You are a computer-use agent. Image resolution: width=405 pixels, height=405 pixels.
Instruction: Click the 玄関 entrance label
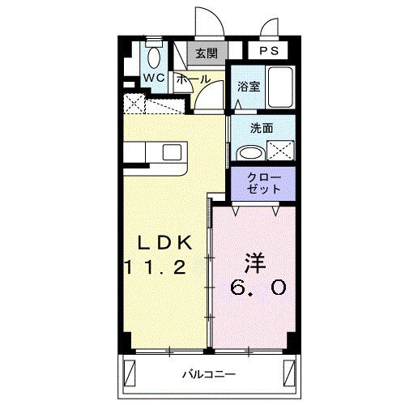tap(207, 54)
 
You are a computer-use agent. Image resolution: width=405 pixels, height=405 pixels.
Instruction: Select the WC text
tap(154, 78)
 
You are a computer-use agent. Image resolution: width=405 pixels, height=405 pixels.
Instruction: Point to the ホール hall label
tap(192, 79)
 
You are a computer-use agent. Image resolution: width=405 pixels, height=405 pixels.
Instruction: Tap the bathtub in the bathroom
tap(280, 89)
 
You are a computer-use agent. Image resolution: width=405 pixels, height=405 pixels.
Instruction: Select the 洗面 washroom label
tap(261, 127)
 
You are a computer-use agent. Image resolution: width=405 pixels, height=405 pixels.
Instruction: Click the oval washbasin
tap(249, 152)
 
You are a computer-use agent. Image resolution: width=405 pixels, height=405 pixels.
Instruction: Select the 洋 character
tap(254, 264)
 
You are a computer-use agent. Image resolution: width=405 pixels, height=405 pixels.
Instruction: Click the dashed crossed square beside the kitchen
tap(134, 104)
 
